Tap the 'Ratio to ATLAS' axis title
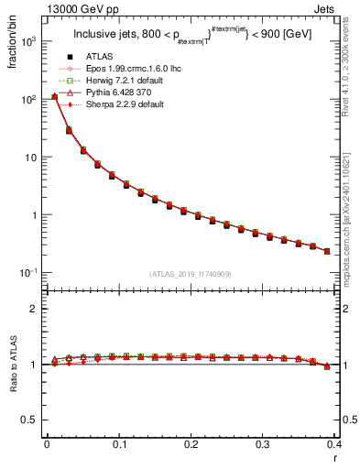[14, 365]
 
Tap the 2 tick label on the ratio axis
[35, 309]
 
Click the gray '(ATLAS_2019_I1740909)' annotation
[191, 275]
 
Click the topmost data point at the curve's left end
[54, 96]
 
